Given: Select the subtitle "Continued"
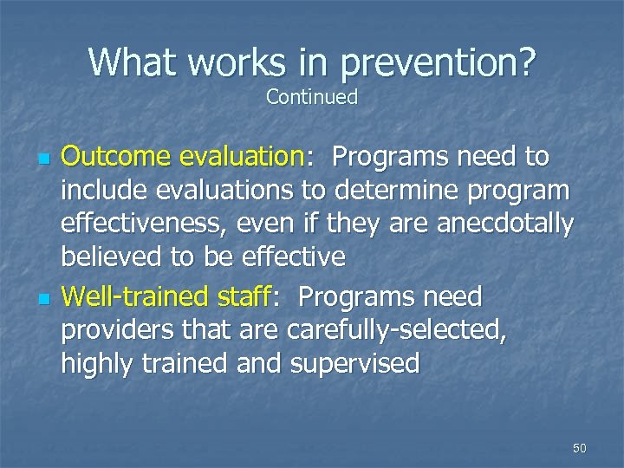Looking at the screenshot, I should pos(312,97).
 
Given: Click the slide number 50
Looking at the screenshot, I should pos(580,448).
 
